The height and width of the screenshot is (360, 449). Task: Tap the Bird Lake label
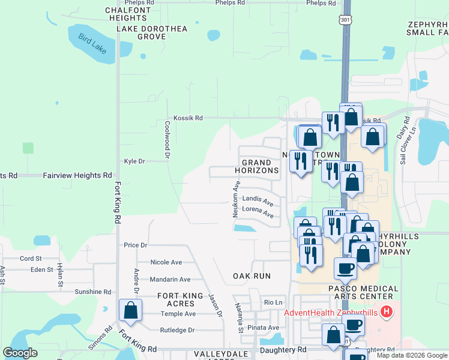pos(92,44)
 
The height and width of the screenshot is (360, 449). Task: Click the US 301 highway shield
pos(345,20)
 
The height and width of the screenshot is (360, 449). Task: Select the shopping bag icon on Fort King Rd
pos(130,310)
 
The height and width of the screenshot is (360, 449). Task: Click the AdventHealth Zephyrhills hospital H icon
pos(387,312)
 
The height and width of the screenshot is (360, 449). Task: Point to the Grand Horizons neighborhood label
pos(261,167)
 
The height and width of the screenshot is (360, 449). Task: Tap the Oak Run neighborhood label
pos(252,276)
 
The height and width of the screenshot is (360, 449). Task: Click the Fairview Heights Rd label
pos(77,176)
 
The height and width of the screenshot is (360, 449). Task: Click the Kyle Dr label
pos(134,161)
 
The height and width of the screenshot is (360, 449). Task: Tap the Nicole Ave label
pos(166,262)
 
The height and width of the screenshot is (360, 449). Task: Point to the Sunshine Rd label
pos(93,292)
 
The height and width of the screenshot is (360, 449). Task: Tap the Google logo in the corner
pos(20,353)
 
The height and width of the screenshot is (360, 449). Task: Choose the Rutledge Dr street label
pos(177,330)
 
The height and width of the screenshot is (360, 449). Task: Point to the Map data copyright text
pos(411,355)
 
